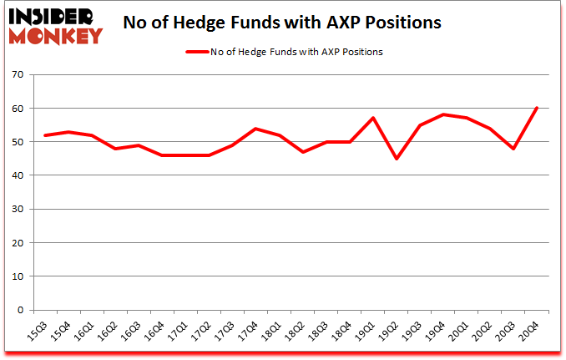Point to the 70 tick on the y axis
[17, 74]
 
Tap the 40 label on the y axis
[17, 175]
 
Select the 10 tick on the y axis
[17, 276]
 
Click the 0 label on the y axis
[20, 310]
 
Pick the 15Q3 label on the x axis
[36, 331]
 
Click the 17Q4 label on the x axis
[245, 331]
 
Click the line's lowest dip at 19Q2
[397, 159]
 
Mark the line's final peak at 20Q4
[536, 108]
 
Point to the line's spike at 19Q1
[373, 118]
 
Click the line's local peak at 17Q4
[256, 129]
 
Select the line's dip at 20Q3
[513, 149]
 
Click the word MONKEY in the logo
[57, 35]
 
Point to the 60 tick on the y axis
[17, 108]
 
